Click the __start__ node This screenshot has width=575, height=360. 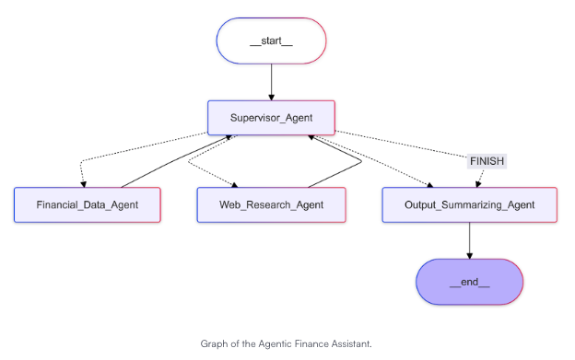pyautogui.click(x=271, y=41)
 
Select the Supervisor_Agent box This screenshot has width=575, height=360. pyautogui.click(x=271, y=118)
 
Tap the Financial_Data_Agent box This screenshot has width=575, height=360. pyautogui.click(x=88, y=204)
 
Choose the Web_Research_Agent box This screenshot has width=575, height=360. pyautogui.click(x=271, y=204)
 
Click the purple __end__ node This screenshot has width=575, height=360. pyautogui.click(x=470, y=282)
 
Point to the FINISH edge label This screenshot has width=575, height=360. pyautogui.click(x=487, y=160)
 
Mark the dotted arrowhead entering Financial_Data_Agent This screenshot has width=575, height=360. pyautogui.click(x=83, y=182)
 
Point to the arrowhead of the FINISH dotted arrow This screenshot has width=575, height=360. pyautogui.click(x=476, y=182)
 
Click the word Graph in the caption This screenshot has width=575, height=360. pyautogui.click(x=213, y=343)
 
